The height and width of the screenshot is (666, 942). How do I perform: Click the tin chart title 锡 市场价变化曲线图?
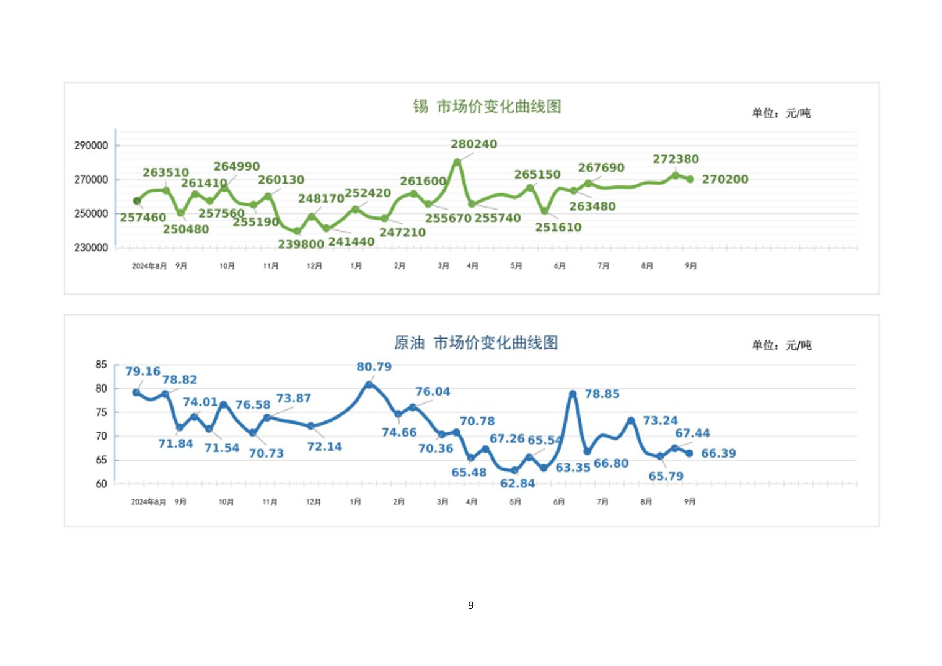click(x=487, y=107)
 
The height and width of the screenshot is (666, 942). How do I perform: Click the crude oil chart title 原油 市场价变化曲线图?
click(x=476, y=343)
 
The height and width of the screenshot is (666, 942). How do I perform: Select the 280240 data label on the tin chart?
click(x=473, y=144)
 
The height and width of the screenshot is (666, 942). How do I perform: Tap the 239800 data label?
click(x=301, y=244)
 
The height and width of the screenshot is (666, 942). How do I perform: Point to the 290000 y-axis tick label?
click(x=91, y=146)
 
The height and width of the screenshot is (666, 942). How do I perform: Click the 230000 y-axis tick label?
click(x=91, y=248)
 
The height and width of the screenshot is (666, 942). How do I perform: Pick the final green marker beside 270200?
click(x=690, y=179)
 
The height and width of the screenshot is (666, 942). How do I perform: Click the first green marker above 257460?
click(x=137, y=201)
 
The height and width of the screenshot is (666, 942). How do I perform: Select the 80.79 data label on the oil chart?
click(x=374, y=367)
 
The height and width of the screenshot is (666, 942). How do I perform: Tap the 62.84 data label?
click(x=517, y=484)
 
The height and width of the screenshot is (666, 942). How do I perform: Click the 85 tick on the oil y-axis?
click(x=101, y=365)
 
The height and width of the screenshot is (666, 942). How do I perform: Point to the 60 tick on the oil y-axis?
click(x=101, y=484)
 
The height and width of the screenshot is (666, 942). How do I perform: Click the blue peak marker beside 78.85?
click(x=573, y=394)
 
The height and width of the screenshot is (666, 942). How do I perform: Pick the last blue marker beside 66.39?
click(x=689, y=453)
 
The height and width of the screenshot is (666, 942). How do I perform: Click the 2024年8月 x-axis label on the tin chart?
click(x=149, y=266)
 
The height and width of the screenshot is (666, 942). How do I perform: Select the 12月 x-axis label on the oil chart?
click(x=314, y=502)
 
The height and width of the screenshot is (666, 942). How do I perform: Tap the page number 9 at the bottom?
click(x=471, y=605)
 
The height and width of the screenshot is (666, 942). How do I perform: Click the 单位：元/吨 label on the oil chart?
click(x=781, y=345)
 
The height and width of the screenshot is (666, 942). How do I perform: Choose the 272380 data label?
click(x=676, y=159)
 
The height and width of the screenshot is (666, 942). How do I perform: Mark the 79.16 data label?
click(x=143, y=371)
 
